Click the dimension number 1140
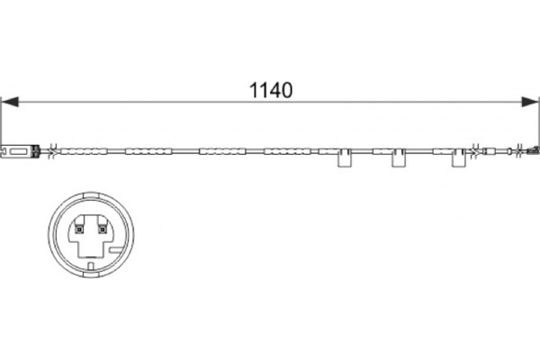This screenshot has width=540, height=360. (270, 90)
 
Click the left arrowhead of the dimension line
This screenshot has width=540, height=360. (10, 102)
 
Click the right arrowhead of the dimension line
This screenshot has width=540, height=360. (530, 102)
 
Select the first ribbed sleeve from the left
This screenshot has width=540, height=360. (84, 151)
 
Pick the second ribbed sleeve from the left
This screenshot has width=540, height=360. (148, 151)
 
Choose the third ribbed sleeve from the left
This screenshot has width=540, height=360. (222, 151)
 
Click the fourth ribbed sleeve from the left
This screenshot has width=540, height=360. (288, 151)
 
